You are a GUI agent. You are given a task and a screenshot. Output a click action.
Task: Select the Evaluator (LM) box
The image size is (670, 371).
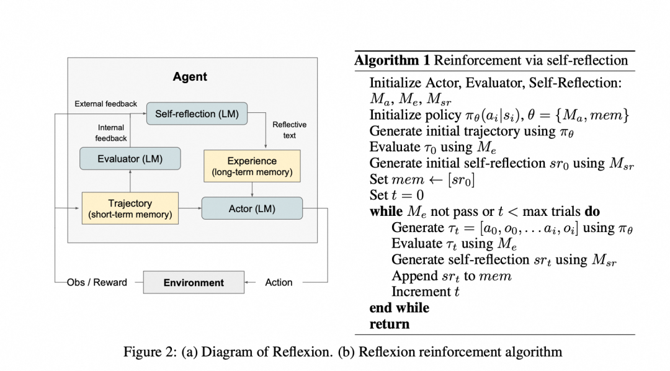tap(130, 159)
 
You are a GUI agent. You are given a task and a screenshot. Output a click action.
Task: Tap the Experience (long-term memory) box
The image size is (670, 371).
tap(252, 166)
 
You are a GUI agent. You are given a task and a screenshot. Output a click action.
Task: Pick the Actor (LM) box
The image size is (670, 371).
tap(252, 208)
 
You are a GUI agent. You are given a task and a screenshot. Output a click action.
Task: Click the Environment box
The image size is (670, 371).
tap(194, 282)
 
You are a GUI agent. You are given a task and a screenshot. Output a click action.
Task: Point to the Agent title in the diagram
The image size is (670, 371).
tap(190, 77)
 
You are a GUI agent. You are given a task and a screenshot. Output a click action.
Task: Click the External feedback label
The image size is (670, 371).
tap(105, 104)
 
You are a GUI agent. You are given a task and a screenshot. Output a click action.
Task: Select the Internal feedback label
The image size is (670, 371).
tap(110, 133)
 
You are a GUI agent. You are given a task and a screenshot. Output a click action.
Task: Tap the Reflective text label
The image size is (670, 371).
tap(289, 130)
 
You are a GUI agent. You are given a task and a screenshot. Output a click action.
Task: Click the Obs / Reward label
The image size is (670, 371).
tap(97, 282)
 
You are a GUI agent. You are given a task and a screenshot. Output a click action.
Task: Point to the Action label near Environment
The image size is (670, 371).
tap(279, 282)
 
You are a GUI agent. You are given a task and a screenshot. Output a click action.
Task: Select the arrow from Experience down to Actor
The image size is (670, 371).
tap(252, 189)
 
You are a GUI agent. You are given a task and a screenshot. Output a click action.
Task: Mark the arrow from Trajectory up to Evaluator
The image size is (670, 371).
tap(130, 181)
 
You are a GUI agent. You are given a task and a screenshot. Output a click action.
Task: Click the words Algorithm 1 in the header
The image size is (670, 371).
tap(392, 61)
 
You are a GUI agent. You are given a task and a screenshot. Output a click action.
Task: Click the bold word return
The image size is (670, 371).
tap(389, 324)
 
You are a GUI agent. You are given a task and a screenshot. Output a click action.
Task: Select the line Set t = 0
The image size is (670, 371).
tap(398, 195)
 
